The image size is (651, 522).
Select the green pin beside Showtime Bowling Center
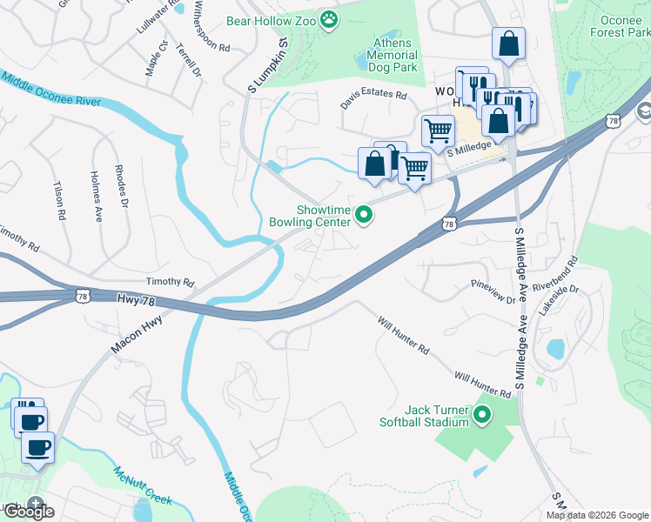pos(364,215)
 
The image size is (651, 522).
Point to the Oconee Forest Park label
pos(613,25)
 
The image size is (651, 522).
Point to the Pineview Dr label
pos(493,291)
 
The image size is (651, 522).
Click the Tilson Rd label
pos(59,200)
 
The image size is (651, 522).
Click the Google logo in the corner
pos(28,512)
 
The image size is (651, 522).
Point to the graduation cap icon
pos(644,111)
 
